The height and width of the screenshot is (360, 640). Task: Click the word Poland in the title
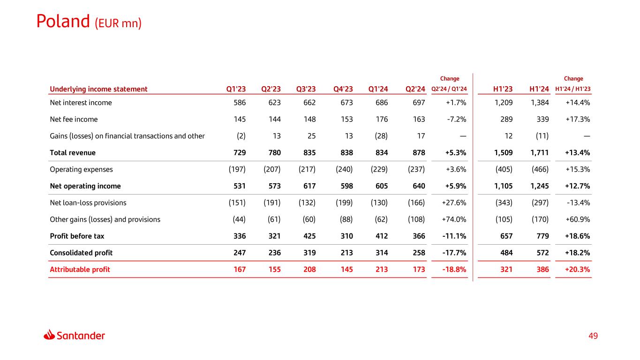click(x=63, y=21)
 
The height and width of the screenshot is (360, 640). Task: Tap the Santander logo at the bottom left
click(x=75, y=335)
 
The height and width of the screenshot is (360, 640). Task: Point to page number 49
click(x=593, y=336)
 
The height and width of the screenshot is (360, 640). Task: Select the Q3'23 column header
click(x=306, y=89)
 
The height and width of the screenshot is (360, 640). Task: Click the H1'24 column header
click(x=539, y=89)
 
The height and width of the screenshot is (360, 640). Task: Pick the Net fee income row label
click(x=74, y=119)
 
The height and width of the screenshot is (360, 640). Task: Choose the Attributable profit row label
click(x=80, y=270)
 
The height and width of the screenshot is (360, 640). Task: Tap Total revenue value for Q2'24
click(x=418, y=152)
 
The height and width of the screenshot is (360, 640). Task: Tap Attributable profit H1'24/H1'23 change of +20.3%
click(x=578, y=270)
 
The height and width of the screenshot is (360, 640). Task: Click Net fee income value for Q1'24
click(x=382, y=119)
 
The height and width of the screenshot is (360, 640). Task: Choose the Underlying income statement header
click(x=98, y=89)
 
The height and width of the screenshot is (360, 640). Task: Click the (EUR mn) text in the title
click(x=118, y=22)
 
